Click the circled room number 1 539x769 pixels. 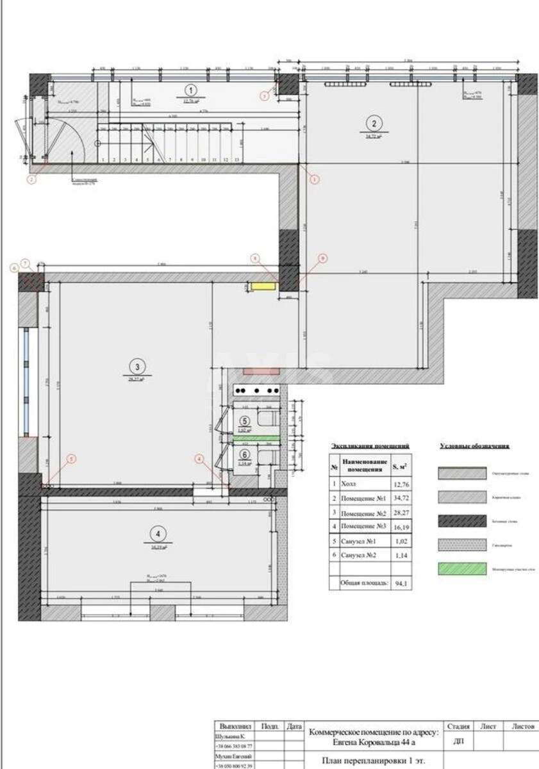(191, 90)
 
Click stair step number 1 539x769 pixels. (103, 160)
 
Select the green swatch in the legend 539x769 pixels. (462, 568)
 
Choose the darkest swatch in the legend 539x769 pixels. (462, 520)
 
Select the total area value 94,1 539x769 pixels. (400, 584)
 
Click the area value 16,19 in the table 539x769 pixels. (400, 527)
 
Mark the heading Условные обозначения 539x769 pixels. (475, 446)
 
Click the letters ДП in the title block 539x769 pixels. (459, 741)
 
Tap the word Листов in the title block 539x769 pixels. (523, 727)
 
